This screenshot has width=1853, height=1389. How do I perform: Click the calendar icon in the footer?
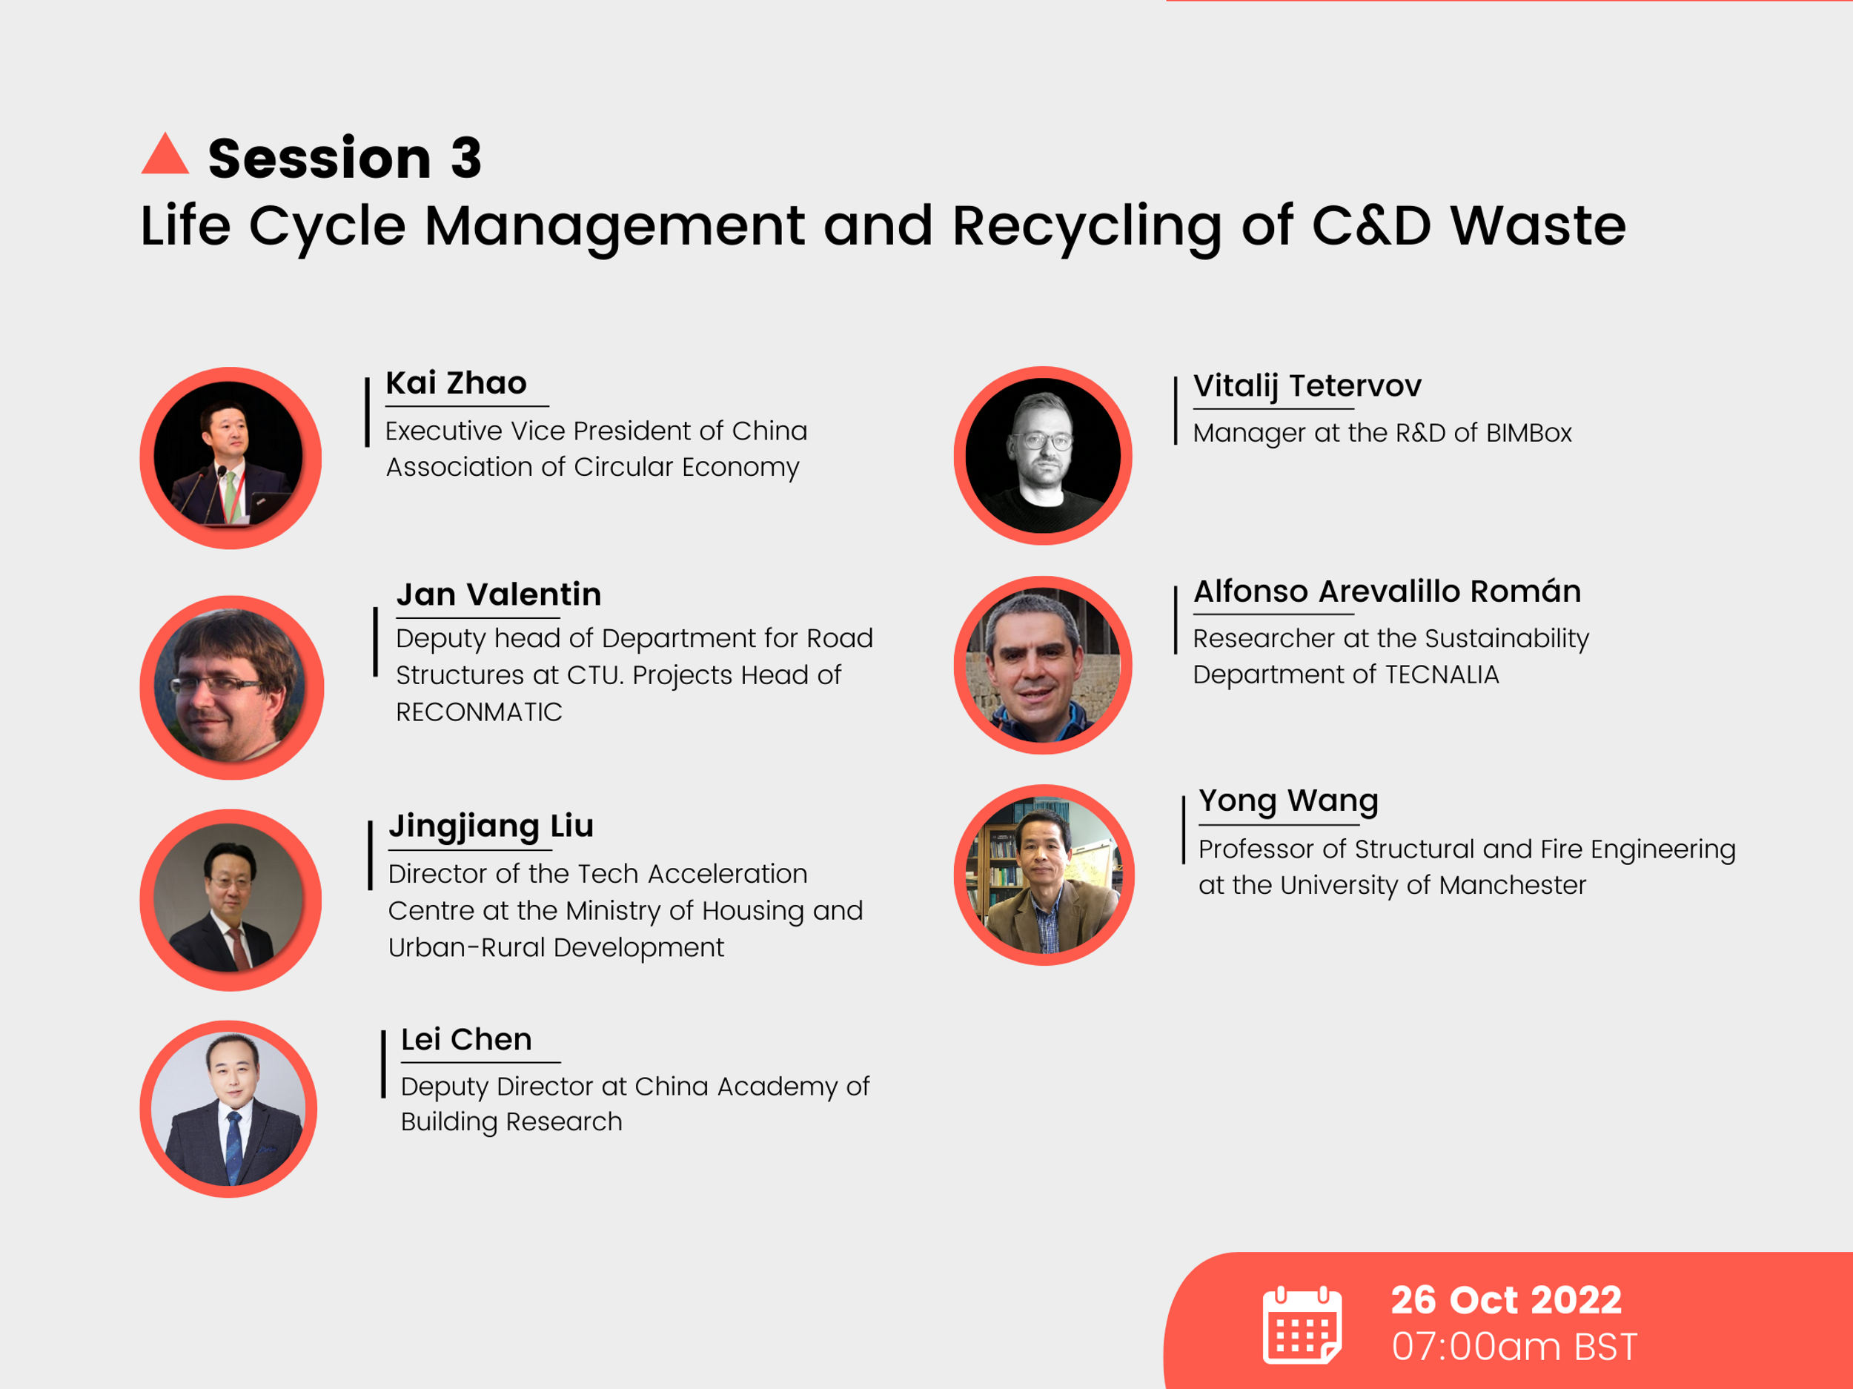click(x=1302, y=1325)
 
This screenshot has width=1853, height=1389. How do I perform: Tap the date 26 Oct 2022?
click(x=1506, y=1300)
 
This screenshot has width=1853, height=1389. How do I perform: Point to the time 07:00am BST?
click(x=1514, y=1347)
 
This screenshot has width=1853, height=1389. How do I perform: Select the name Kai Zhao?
click(x=456, y=383)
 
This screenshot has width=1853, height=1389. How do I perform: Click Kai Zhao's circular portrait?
click(x=231, y=457)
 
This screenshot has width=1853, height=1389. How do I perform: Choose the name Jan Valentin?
click(x=498, y=594)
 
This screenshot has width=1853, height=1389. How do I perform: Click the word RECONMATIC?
click(x=478, y=712)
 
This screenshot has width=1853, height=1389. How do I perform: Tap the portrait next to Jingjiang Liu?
click(x=231, y=899)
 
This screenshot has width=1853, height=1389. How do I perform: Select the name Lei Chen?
click(x=465, y=1040)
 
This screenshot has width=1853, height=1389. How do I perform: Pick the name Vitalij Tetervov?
click(x=1307, y=385)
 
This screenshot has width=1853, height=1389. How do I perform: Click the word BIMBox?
click(x=1529, y=433)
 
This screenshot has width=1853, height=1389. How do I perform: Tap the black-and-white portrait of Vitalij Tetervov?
click(x=1043, y=456)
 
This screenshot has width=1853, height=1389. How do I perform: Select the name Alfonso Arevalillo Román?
click(x=1386, y=591)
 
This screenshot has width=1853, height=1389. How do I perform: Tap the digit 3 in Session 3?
click(x=465, y=159)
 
